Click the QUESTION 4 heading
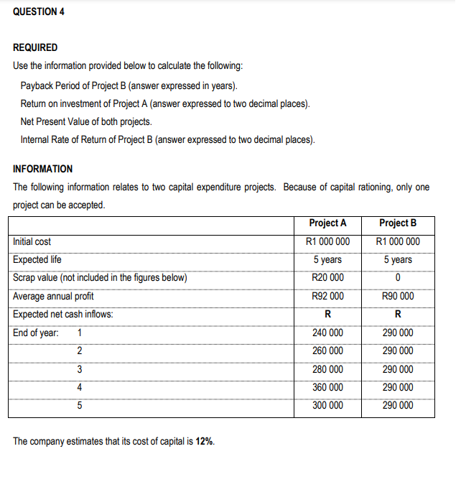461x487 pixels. click(x=39, y=12)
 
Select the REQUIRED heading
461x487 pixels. click(x=36, y=47)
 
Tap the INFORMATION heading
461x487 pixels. click(x=42, y=169)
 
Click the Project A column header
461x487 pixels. click(x=327, y=223)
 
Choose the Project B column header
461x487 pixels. click(x=398, y=223)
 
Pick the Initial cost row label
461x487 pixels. click(x=32, y=242)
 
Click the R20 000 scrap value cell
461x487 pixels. click(x=327, y=278)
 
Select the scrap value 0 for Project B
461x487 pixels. click(x=398, y=278)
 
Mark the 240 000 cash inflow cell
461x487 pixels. click(x=327, y=333)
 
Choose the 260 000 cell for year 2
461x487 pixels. click(x=327, y=351)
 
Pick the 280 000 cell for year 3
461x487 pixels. click(x=327, y=369)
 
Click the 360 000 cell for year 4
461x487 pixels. click(x=327, y=387)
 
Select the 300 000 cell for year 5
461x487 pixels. click(x=327, y=405)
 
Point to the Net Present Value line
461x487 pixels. click(x=86, y=121)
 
